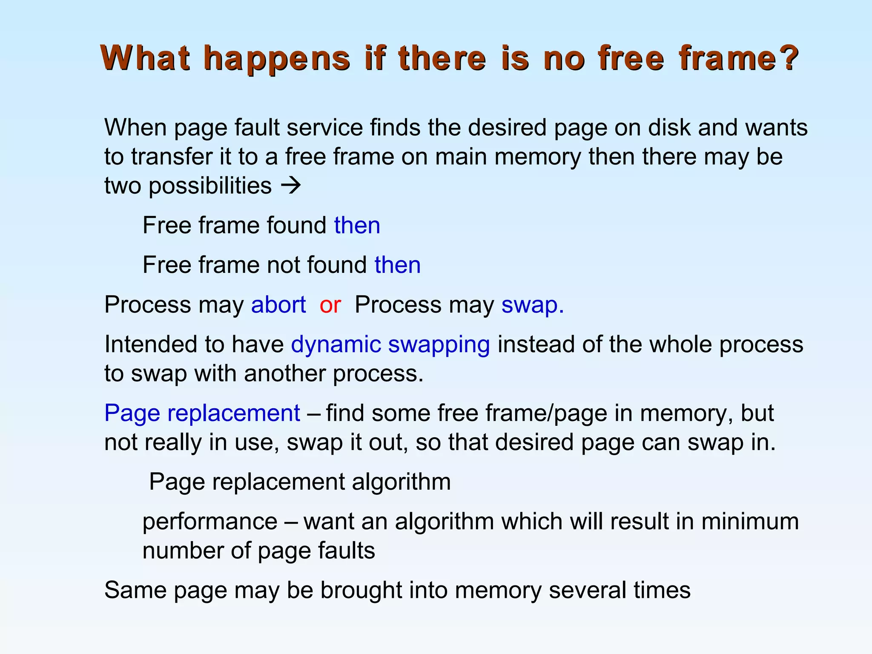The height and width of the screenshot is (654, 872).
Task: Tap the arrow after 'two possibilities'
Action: tap(291, 186)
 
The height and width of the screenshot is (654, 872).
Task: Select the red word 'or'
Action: tap(330, 305)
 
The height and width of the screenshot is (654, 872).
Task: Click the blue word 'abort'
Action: tap(278, 305)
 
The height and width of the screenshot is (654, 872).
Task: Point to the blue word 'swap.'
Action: tap(532, 305)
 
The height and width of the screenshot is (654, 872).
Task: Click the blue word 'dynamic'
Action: tap(336, 344)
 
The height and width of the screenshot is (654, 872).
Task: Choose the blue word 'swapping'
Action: tap(439, 344)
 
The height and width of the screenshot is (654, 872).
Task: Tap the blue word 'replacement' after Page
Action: tap(234, 413)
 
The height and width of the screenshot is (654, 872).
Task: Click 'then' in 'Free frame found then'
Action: tap(357, 225)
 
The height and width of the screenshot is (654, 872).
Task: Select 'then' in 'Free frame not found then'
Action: tap(398, 265)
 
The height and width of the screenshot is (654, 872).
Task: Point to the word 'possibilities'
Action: tap(210, 186)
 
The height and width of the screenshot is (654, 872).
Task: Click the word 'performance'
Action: tap(210, 522)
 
